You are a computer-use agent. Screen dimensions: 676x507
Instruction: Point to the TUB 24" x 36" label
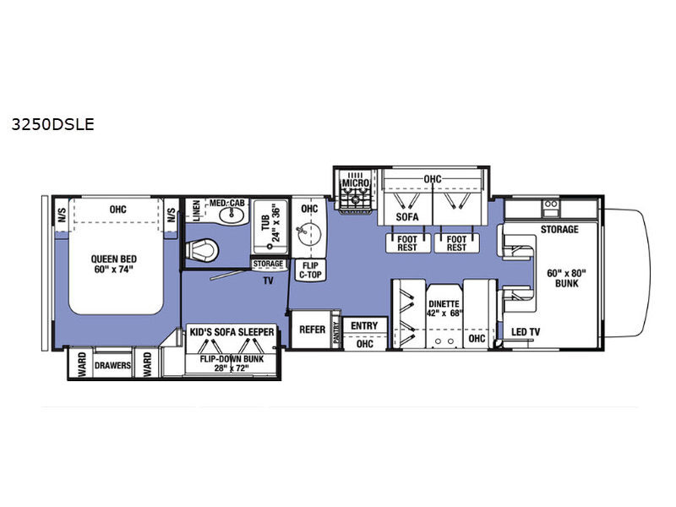272,224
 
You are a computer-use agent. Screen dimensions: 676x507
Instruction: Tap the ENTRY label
364,326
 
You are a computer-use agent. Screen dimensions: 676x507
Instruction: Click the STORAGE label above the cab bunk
559,229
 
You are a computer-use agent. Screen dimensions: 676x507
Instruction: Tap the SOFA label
407,217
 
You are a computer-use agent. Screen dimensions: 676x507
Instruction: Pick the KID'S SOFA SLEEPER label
232,332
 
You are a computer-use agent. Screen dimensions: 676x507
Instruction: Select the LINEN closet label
195,210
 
